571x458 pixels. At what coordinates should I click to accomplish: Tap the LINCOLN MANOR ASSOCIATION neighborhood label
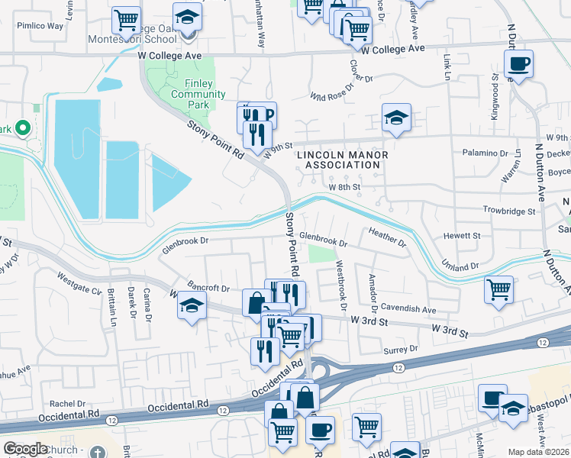(342, 160)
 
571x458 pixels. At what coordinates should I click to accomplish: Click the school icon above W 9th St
(396, 118)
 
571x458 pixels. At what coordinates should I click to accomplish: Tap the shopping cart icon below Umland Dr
(498, 289)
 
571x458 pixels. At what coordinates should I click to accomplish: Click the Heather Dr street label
(387, 237)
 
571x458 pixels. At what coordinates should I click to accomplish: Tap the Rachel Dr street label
(66, 403)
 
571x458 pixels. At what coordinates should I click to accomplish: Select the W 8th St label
(344, 186)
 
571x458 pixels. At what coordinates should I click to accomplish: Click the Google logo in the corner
(25, 449)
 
